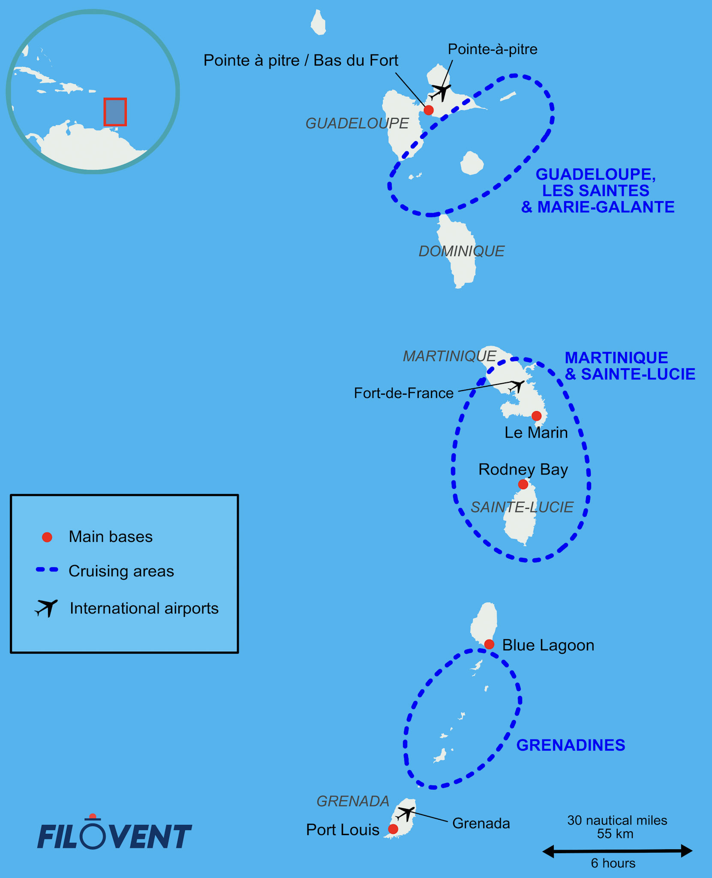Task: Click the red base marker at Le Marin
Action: click(x=536, y=416)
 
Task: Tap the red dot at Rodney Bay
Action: click(x=523, y=484)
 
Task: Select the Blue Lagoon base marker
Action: click(x=489, y=644)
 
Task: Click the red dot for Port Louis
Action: click(x=393, y=829)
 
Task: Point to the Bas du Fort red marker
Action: click(x=429, y=110)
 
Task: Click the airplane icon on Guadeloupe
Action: click(x=441, y=93)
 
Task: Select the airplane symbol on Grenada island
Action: click(x=406, y=813)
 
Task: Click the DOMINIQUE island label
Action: click(x=462, y=251)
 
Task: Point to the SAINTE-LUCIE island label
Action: click(x=522, y=507)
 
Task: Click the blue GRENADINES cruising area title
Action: click(x=571, y=745)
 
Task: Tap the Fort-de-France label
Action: click(x=403, y=393)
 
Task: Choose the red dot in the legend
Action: click(x=47, y=537)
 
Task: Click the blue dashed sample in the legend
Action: click(x=47, y=570)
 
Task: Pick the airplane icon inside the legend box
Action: click(x=46, y=607)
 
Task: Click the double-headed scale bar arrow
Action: click(x=617, y=851)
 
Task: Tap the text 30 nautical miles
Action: click(x=617, y=821)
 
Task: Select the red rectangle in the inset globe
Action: click(x=115, y=112)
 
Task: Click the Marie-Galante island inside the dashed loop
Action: click(x=472, y=163)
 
